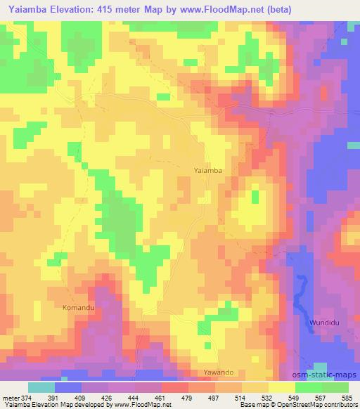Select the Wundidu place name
click(322, 323)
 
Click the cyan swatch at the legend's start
click(41, 387)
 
